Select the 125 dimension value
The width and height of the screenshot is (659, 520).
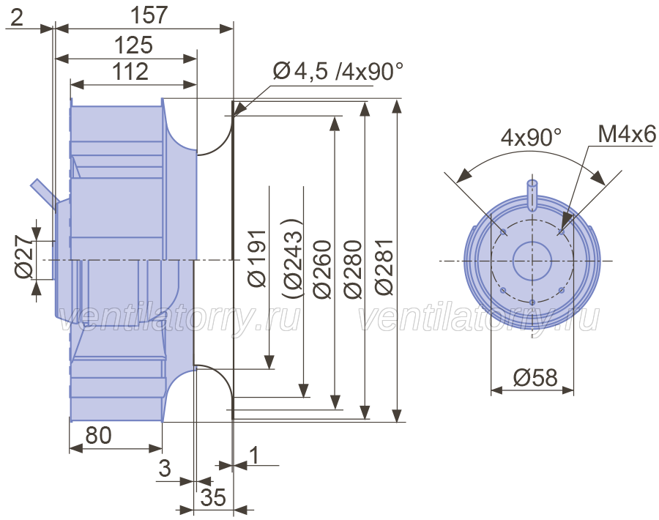point(133,45)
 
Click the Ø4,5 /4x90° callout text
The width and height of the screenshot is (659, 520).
point(338,72)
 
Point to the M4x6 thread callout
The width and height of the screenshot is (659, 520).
point(626,134)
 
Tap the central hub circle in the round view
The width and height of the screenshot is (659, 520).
point(532,261)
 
